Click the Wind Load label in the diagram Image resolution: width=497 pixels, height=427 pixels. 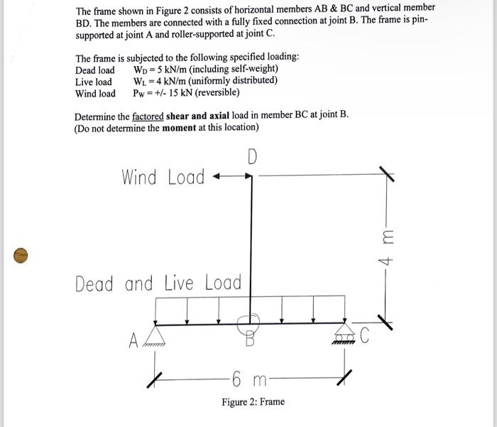pyautogui.click(x=163, y=177)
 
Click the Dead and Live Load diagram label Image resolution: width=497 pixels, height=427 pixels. pyautogui.click(x=158, y=283)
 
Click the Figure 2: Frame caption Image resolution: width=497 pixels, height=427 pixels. pyautogui.click(x=253, y=402)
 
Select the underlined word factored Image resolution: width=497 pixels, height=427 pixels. pyautogui.click(x=148, y=115)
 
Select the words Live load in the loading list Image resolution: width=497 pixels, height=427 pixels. pyautogui.click(x=94, y=81)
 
